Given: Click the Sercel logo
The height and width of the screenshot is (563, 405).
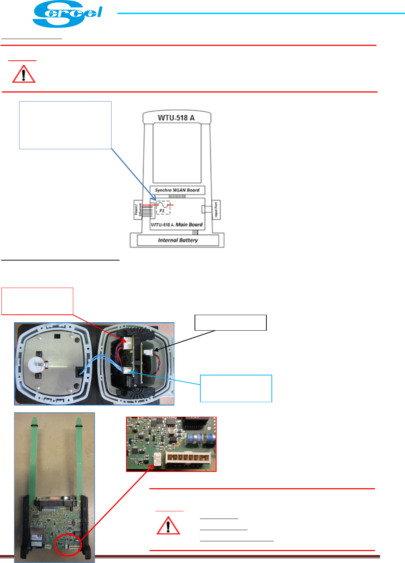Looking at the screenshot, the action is [x=67, y=14].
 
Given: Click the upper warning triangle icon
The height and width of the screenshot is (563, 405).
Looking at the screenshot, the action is [x=24, y=74].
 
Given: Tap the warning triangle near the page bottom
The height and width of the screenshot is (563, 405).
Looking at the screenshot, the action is [x=168, y=525].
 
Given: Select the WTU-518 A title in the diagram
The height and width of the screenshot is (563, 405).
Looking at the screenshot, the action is [x=176, y=118].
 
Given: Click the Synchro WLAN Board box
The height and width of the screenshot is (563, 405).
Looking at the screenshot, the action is [x=177, y=190].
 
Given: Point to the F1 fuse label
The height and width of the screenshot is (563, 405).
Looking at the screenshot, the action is [x=162, y=211].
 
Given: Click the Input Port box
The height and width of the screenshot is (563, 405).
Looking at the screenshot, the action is [x=216, y=210].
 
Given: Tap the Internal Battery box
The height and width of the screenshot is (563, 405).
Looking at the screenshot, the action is [x=178, y=240].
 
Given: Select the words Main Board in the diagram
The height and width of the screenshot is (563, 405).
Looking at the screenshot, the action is [x=189, y=224].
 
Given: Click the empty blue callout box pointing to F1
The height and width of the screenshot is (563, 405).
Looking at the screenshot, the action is [x=65, y=125].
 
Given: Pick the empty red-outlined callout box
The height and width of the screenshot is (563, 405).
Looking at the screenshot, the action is [x=38, y=301].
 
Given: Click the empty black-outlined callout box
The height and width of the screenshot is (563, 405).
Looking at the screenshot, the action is [x=231, y=323].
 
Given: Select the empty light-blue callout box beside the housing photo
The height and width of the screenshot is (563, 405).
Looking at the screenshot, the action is [x=236, y=388].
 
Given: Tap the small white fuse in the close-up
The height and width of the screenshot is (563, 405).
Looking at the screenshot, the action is [x=157, y=460].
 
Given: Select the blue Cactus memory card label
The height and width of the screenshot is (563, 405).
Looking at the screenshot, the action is [x=36, y=543].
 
